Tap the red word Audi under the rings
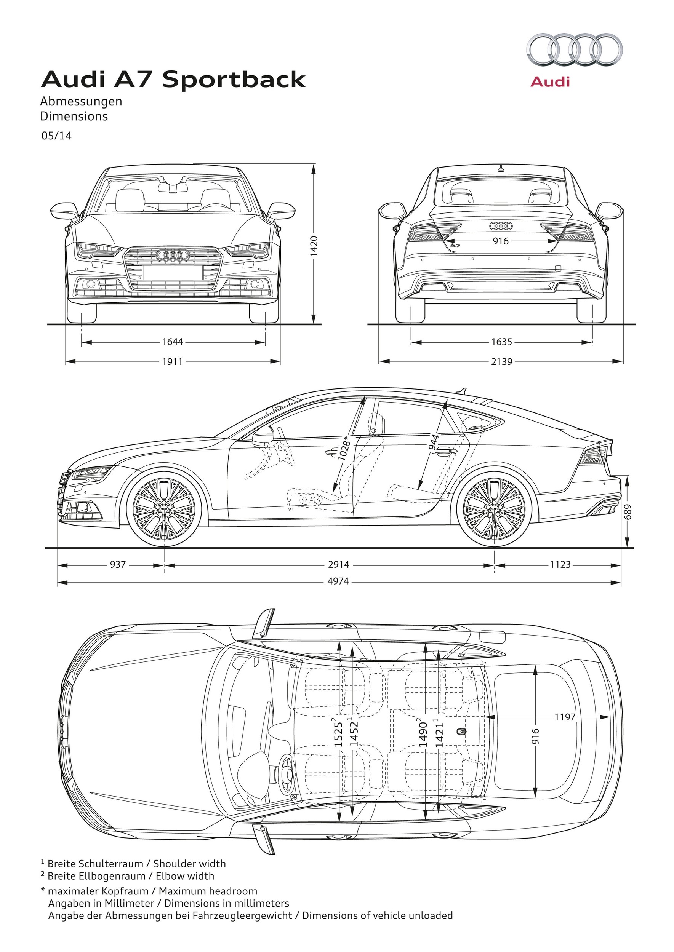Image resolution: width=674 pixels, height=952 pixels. (550, 81)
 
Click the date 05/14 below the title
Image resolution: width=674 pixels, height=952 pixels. (56, 136)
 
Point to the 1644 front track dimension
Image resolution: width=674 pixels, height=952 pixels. (173, 342)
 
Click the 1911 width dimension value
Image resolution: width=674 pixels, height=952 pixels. (173, 361)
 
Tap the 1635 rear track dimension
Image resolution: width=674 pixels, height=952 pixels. (502, 342)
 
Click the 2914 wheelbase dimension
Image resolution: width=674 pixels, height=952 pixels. (339, 564)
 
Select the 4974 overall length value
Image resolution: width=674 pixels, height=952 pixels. (338, 581)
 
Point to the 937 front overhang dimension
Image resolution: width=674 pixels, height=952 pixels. (117, 564)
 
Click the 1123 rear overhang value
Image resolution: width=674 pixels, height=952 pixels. (560, 564)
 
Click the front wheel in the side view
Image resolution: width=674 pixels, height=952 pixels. (163, 509)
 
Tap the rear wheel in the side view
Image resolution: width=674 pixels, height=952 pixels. (494, 509)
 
